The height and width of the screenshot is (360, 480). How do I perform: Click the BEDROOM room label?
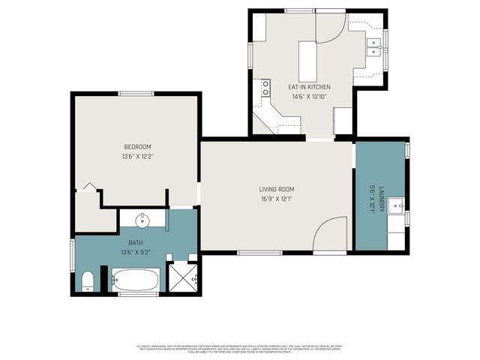click(137, 146)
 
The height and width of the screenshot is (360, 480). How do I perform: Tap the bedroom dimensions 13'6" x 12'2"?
click(137, 156)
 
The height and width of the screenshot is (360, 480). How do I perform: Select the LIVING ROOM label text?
click(276, 189)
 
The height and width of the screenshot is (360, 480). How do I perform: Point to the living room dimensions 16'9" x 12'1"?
click(276, 199)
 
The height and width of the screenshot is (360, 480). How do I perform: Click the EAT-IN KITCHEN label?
click(309, 87)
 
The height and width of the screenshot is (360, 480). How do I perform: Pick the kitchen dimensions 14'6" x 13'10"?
click(309, 96)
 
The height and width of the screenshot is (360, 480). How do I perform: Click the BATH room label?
click(136, 242)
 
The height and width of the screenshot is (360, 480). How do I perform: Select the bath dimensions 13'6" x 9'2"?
click(136, 252)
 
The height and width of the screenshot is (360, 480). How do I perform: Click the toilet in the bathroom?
click(87, 281)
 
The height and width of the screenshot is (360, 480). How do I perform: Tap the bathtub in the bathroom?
click(136, 281)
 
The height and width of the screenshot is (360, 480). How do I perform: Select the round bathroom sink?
click(142, 220)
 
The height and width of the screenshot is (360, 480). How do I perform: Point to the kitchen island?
click(307, 61)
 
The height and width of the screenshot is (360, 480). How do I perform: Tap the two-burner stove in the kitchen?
click(265, 88)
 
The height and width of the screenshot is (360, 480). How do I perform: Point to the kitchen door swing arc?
click(329, 27)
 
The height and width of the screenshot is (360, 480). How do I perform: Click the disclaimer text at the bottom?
click(240, 349)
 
